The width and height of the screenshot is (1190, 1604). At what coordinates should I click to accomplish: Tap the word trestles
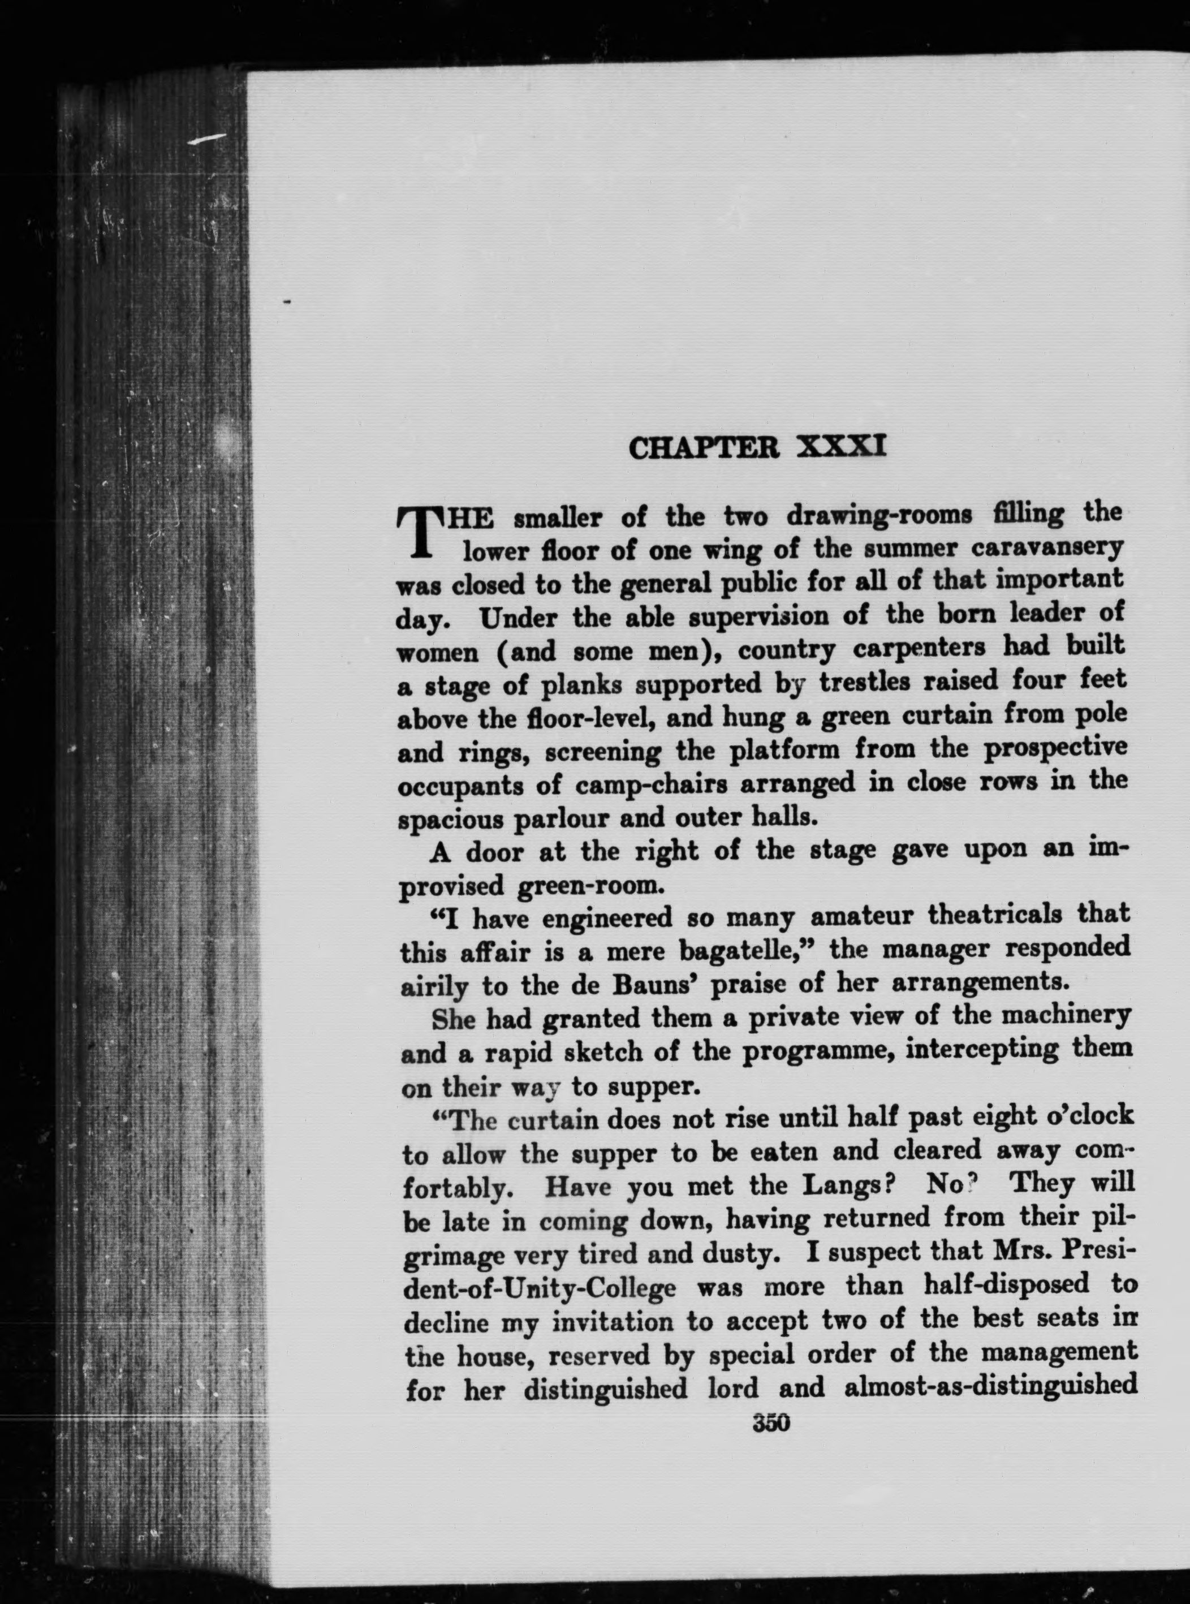coord(859,682)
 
